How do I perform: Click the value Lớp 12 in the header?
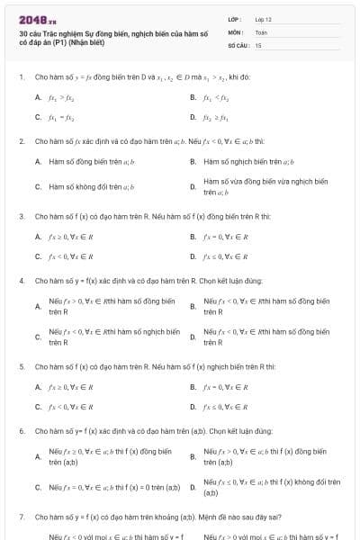point(263,18)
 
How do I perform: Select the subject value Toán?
point(261,31)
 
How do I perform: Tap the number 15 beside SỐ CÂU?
point(258,44)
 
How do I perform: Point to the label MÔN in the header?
point(235,31)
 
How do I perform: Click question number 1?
point(21,76)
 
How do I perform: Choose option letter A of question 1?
point(38,96)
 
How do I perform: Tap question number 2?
point(21,141)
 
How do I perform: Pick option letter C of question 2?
point(38,187)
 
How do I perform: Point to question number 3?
point(21,217)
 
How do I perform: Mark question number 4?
point(21,281)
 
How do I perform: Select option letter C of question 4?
point(38,337)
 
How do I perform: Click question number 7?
point(21,517)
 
